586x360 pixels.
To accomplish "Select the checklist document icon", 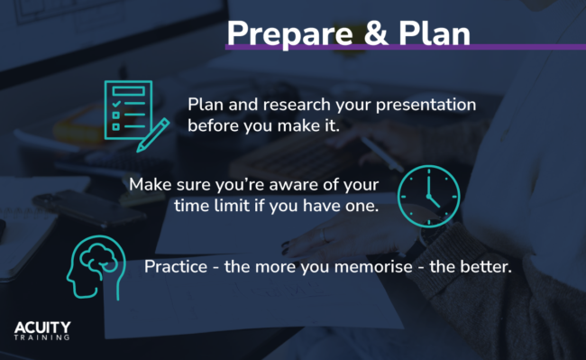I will pos(127,109).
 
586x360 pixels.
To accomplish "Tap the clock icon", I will pos(428,195).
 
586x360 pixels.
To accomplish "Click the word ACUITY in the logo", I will pos(42,327).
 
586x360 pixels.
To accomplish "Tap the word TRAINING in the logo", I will pos(42,339).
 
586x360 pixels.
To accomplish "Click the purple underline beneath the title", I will pos(406,47).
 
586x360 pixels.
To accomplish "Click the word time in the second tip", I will pos(190,207).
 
